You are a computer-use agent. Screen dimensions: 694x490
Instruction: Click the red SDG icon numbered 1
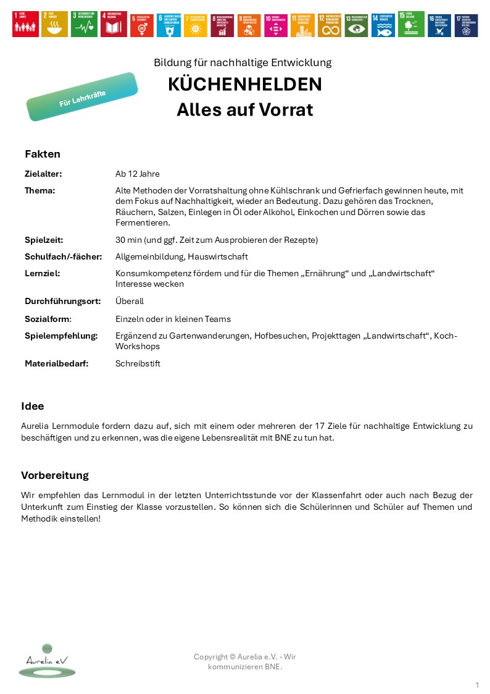25,25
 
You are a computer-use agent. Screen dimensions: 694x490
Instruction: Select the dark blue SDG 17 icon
466,25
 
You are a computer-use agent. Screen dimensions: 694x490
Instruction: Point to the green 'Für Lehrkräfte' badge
82,97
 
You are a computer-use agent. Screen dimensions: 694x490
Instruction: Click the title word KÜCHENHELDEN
244,85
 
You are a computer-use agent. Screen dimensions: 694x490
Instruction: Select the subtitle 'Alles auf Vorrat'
244,110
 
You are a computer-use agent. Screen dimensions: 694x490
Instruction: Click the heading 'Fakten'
43,154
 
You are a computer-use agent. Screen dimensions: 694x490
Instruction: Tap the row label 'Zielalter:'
43,174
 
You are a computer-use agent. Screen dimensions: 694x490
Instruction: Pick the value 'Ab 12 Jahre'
137,174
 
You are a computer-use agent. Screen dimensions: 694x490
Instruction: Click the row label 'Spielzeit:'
44,239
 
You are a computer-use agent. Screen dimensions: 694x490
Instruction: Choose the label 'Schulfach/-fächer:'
63,256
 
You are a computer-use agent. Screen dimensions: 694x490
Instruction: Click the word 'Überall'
129,301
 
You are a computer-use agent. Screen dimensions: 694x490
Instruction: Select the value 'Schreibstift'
138,363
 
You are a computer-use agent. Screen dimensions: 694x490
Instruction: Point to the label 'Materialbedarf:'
56,363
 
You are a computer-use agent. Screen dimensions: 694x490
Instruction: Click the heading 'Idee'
32,406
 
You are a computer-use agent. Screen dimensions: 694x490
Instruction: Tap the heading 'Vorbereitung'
55,475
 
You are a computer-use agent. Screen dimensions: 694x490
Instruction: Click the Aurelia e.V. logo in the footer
47,661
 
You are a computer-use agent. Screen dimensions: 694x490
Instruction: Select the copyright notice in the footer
244,662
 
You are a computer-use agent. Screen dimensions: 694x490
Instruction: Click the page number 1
477,685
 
